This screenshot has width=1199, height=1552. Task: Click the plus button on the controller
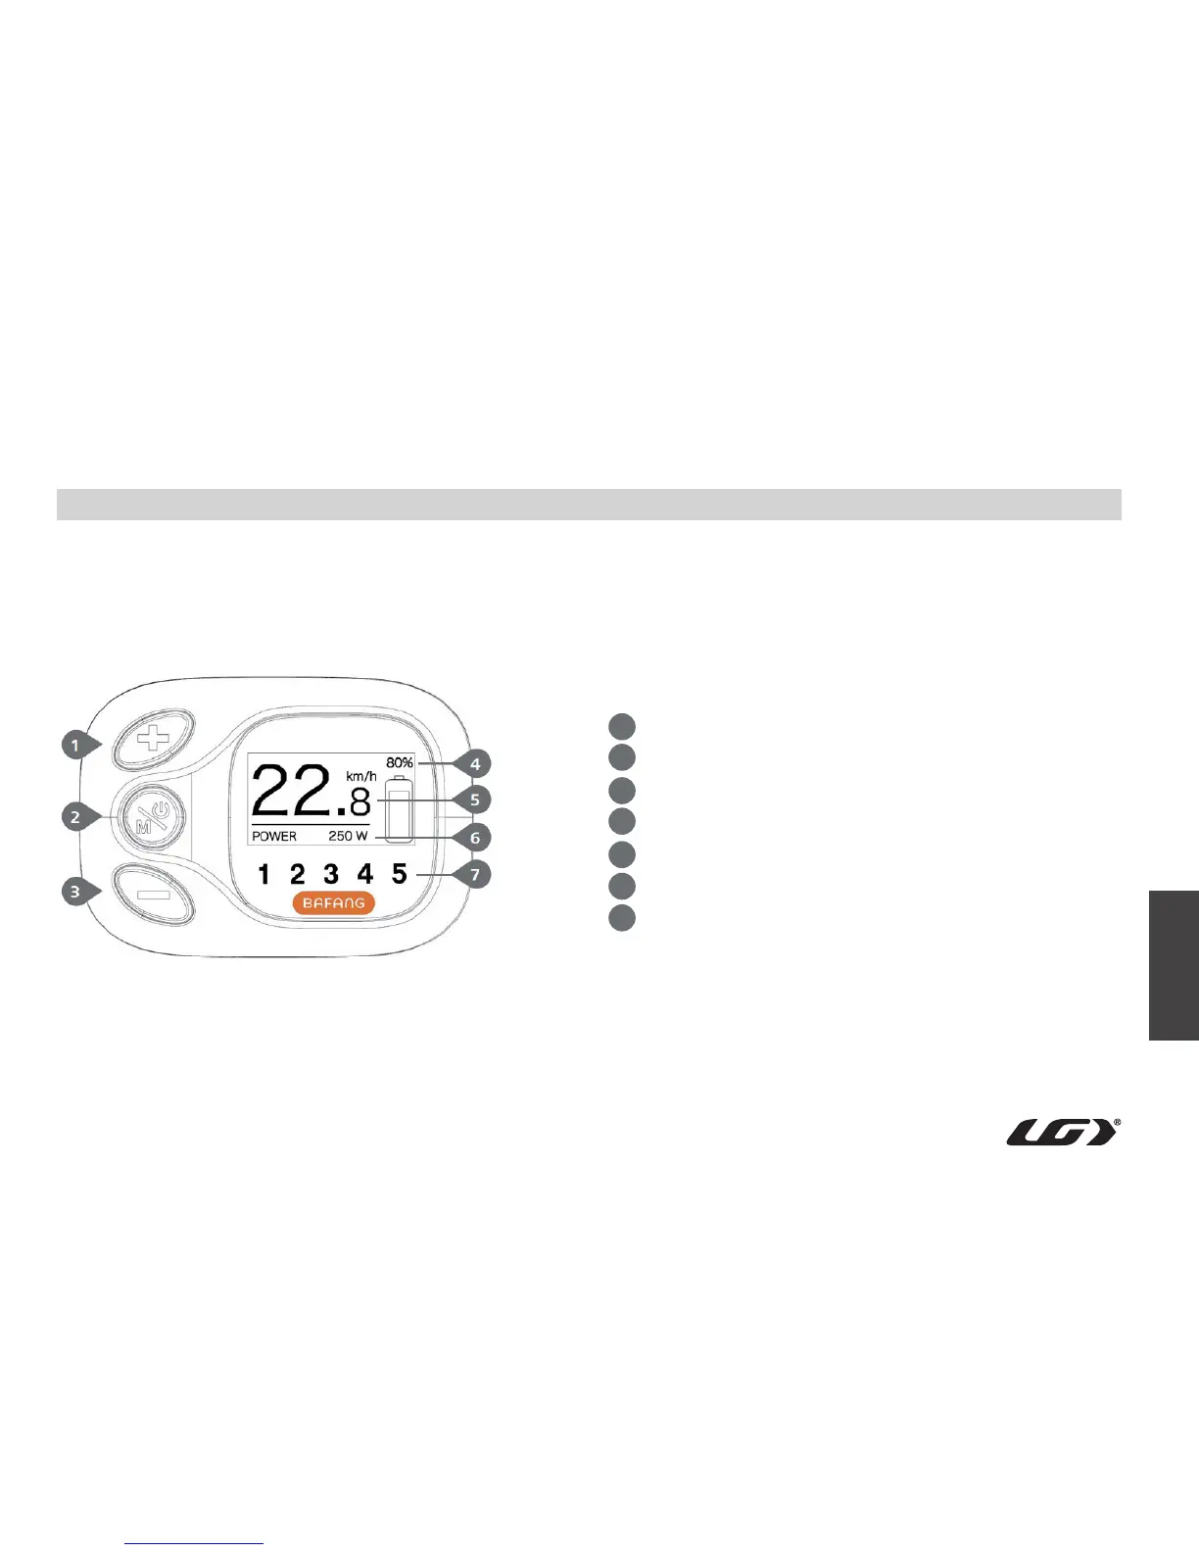pyautogui.click(x=152, y=739)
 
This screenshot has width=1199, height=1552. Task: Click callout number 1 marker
pyautogui.click(x=74, y=746)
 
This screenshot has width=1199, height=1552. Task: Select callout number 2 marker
pyautogui.click(x=75, y=816)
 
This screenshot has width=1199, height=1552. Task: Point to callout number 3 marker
pyautogui.click(x=74, y=892)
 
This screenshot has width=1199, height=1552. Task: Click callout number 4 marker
pyautogui.click(x=475, y=763)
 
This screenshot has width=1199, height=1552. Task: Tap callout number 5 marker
pyautogui.click(x=475, y=800)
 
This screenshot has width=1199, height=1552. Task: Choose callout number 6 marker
pyautogui.click(x=475, y=838)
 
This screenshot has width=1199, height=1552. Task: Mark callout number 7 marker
pyautogui.click(x=475, y=874)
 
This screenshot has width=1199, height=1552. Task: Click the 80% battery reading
pyautogui.click(x=399, y=762)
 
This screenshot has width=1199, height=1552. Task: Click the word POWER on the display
pyautogui.click(x=274, y=837)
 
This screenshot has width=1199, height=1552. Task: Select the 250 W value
pyautogui.click(x=348, y=837)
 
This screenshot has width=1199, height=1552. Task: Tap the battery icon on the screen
pyautogui.click(x=399, y=810)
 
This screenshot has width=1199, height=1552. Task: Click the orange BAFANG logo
pyautogui.click(x=333, y=903)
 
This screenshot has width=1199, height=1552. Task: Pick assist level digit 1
pyautogui.click(x=264, y=874)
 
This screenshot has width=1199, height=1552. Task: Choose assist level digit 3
pyautogui.click(x=331, y=874)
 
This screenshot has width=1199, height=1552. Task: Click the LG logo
pyautogui.click(x=1063, y=1133)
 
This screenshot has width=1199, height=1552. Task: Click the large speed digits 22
pyautogui.click(x=292, y=792)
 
